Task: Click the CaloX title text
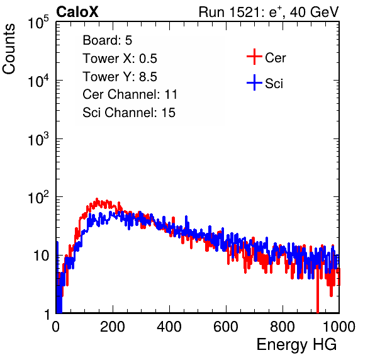point(77,12)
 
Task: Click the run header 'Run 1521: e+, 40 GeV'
point(269,12)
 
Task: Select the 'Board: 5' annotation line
point(108,40)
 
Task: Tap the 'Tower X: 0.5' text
point(120,59)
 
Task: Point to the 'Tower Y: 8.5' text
point(120,77)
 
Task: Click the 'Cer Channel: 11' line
point(130,94)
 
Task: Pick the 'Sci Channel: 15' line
point(129,113)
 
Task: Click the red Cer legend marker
point(254,57)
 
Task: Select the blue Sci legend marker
point(254,82)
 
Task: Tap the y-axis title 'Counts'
point(9,49)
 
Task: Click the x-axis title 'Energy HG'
point(296,345)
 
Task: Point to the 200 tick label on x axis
point(113,327)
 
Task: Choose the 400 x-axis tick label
point(169,327)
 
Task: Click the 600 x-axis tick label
point(226,327)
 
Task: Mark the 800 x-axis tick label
point(283,327)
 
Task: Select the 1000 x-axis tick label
point(339,327)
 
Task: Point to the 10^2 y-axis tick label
point(38,197)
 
